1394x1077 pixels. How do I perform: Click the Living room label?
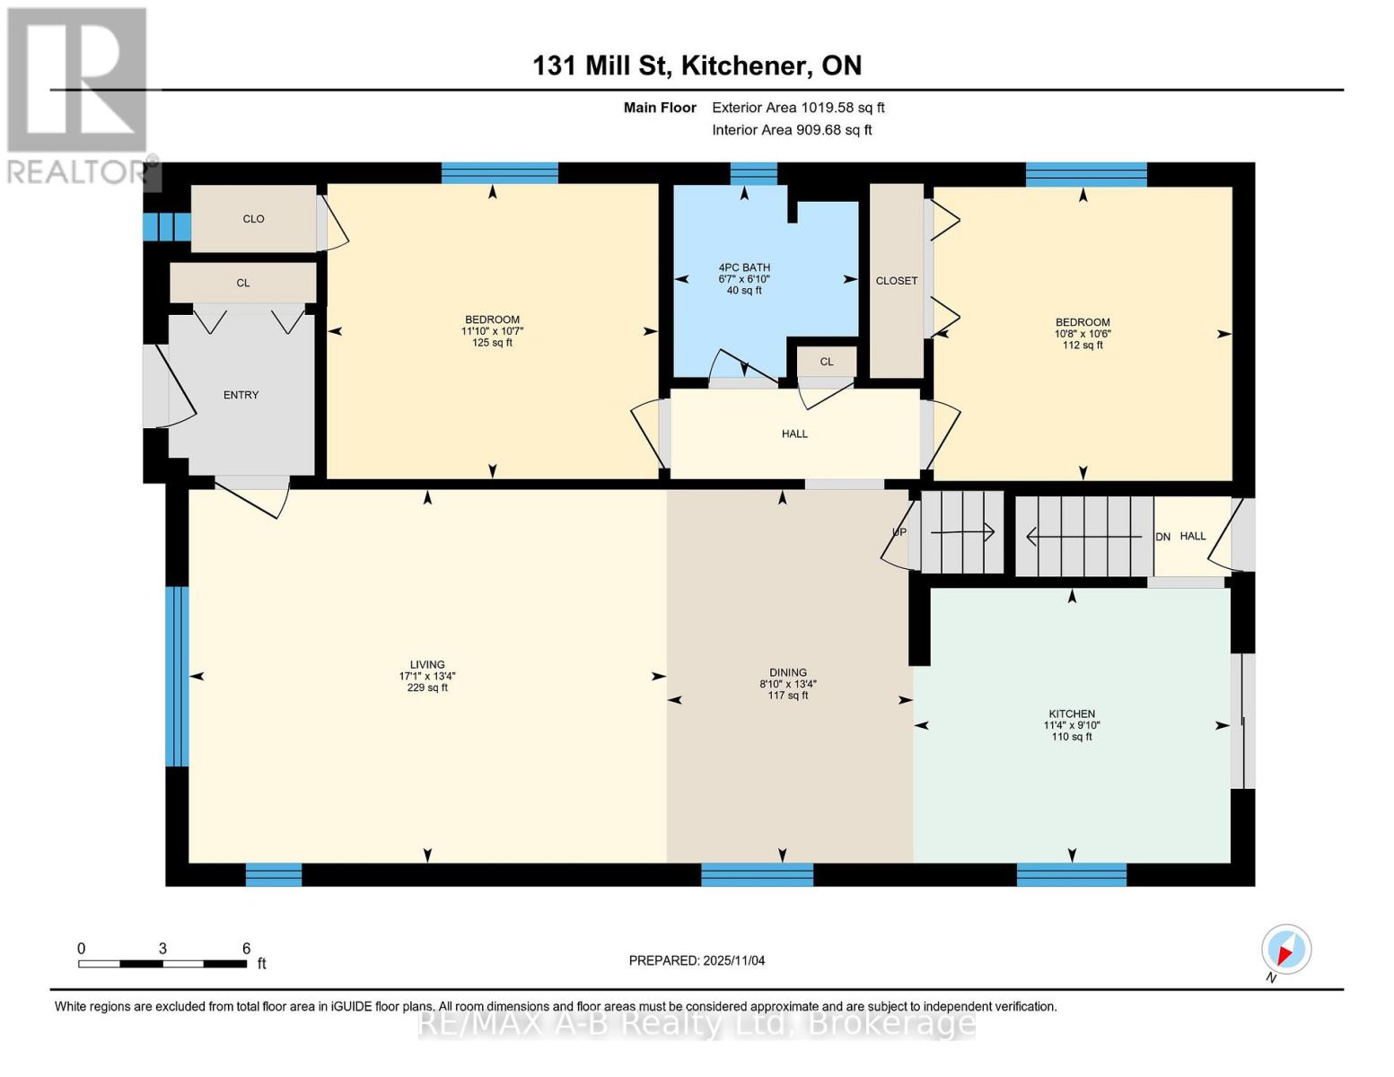pyautogui.click(x=427, y=665)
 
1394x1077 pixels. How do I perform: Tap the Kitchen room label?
pyautogui.click(x=1071, y=714)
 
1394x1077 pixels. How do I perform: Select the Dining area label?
pyautogui.click(x=787, y=672)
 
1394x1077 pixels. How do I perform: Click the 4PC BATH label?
pyautogui.click(x=744, y=267)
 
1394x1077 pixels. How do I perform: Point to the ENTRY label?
pyautogui.click(x=241, y=395)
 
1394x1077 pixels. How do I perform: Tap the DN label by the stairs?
pyautogui.click(x=1162, y=537)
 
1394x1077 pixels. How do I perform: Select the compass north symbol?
pyautogui.click(x=1285, y=950)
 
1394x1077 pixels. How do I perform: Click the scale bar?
pyautogui.click(x=162, y=964)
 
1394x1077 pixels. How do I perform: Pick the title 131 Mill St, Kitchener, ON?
pyautogui.click(x=697, y=66)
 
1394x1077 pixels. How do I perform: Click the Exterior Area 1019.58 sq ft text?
pyautogui.click(x=798, y=108)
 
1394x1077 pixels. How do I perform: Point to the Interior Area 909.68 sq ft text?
pyautogui.click(x=792, y=130)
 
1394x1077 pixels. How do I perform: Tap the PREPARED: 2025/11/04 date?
pyautogui.click(x=697, y=960)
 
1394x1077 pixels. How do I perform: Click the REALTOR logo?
pyautogui.click(x=77, y=94)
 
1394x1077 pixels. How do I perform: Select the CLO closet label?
pyautogui.click(x=253, y=219)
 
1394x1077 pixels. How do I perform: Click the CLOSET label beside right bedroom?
pyautogui.click(x=897, y=281)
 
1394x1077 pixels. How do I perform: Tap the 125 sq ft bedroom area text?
pyautogui.click(x=492, y=343)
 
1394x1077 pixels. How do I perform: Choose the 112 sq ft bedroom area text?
pyautogui.click(x=1083, y=346)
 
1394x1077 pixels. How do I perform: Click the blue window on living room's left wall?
pyautogui.click(x=178, y=676)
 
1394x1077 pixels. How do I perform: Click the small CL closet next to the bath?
pyautogui.click(x=827, y=362)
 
